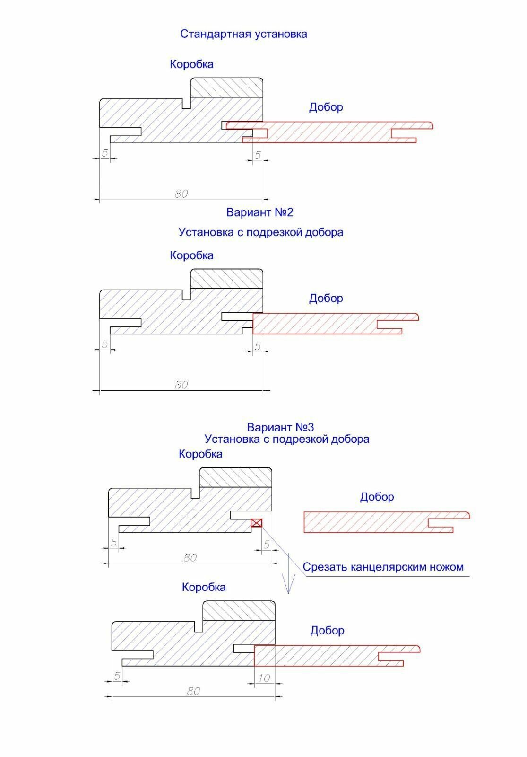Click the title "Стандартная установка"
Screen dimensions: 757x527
tap(243, 34)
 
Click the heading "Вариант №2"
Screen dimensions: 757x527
tap(259, 212)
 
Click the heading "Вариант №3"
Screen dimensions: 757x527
tap(280, 427)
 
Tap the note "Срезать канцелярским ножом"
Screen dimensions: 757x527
tap(383, 567)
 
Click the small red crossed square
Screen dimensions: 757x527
tap(257, 523)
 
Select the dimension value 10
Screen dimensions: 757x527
tap(264, 678)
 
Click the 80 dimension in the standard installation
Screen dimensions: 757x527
tap(181, 194)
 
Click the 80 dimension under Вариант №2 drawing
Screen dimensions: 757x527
tap(181, 385)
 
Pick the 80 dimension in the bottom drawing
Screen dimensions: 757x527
tap(193, 691)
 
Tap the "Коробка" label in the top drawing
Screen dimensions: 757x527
tap(191, 64)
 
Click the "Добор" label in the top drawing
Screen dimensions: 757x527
tap(326, 107)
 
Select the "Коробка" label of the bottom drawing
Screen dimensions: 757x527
tap(204, 587)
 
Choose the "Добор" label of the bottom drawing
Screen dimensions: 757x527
tap(327, 630)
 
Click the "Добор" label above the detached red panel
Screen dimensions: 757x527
tap(377, 497)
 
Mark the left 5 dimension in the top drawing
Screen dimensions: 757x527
tap(105, 153)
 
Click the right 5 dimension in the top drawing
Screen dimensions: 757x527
tap(258, 155)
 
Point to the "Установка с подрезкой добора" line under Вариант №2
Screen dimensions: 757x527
tap(260, 232)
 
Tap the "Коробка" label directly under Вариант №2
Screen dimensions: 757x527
tap(191, 255)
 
